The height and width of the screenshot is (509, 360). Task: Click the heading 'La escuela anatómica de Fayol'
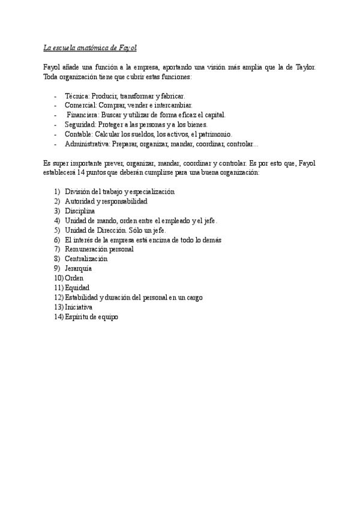(91, 47)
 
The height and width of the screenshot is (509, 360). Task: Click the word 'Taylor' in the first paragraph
(304, 68)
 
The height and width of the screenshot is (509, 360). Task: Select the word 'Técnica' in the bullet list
(76, 95)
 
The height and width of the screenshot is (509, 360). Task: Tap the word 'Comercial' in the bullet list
(80, 105)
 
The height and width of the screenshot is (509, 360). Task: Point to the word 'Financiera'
(83, 115)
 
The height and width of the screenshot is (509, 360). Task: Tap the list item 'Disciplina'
(80, 211)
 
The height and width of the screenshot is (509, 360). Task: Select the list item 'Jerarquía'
(78, 268)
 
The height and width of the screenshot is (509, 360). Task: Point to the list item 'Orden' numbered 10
(74, 278)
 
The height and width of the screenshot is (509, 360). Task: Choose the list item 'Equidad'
(77, 288)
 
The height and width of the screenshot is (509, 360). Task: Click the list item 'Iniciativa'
(78, 307)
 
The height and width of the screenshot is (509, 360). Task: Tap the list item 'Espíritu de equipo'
(91, 316)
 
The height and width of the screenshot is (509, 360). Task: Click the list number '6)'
(57, 239)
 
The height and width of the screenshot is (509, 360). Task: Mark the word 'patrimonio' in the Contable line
(216, 134)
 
